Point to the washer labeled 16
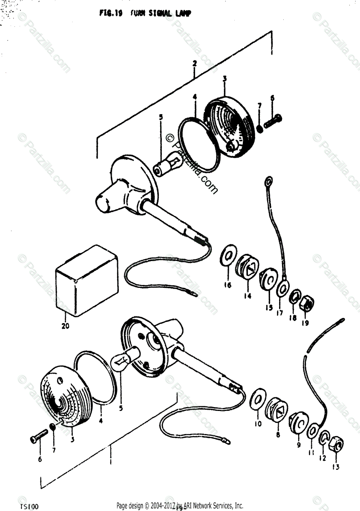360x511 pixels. click(228, 257)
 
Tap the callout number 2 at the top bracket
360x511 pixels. click(194, 63)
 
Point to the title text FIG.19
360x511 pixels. click(111, 13)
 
